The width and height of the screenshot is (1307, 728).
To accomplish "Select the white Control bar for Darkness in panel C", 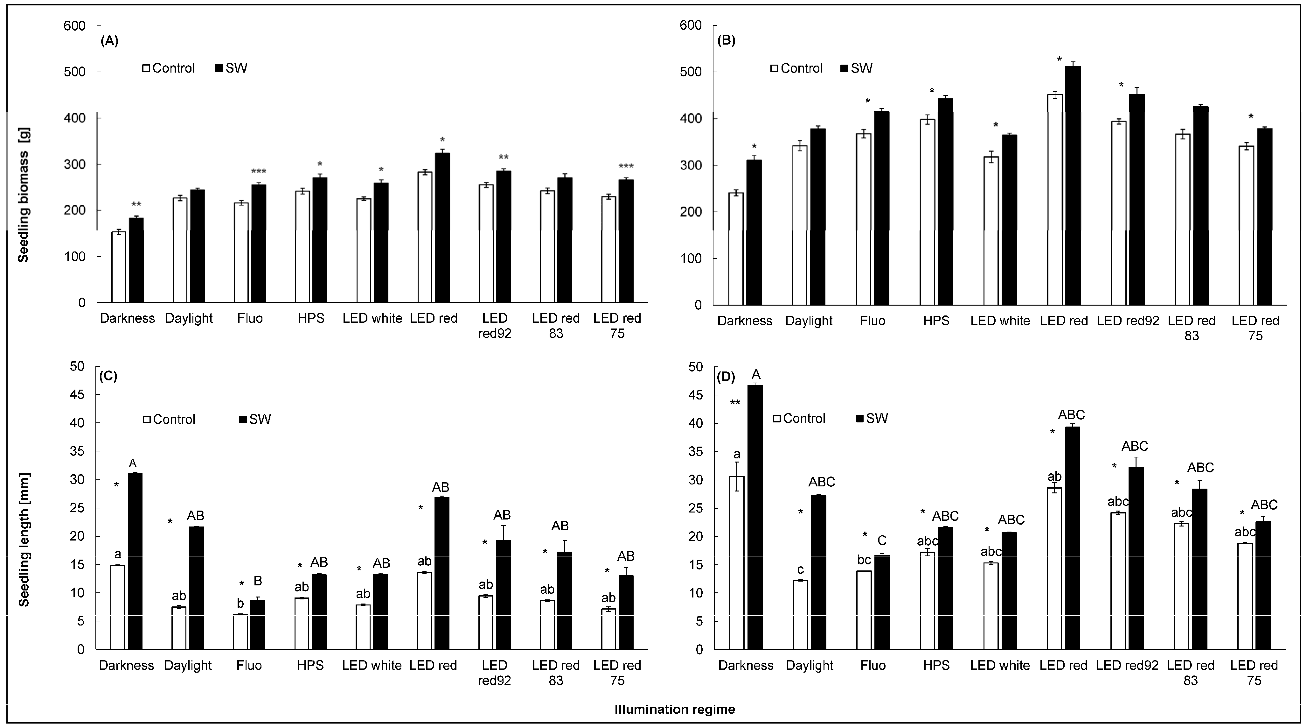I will [x=118, y=607].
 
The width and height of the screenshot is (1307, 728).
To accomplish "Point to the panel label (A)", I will [x=110, y=41].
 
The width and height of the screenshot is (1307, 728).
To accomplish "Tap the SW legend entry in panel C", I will [x=255, y=419].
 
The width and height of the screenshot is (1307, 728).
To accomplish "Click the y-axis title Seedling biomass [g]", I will [x=23, y=195].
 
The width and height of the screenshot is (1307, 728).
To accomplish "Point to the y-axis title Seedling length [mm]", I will [x=23, y=540].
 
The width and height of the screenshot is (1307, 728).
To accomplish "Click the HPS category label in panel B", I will [x=936, y=321].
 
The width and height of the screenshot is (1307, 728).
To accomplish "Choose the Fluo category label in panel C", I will [x=249, y=665].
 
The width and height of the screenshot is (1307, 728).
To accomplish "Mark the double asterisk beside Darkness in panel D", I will [x=735, y=403].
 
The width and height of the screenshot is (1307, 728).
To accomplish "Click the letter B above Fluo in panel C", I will [x=258, y=581].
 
